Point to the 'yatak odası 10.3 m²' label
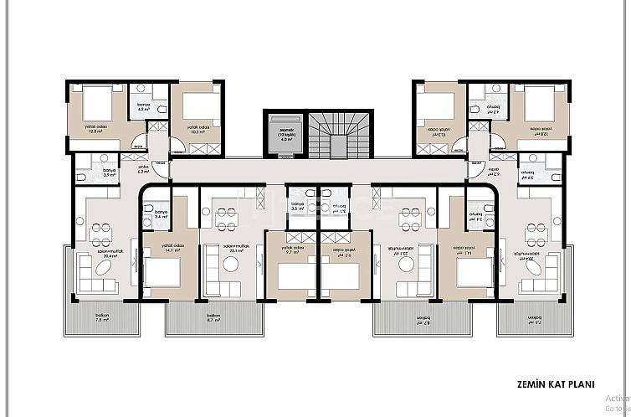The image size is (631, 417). (198, 130)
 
